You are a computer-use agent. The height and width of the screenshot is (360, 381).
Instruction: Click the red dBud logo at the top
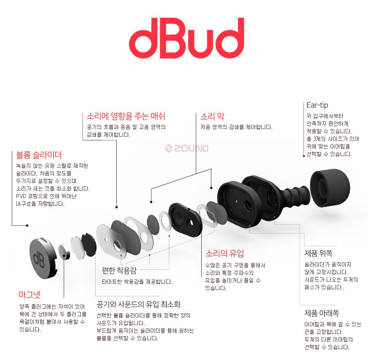pos(186,38)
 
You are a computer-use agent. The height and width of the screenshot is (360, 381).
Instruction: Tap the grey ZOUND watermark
pos(186,148)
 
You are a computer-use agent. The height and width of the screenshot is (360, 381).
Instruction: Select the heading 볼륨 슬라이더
pos(39,155)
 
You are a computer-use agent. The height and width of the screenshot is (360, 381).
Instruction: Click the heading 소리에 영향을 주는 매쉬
pos(126,116)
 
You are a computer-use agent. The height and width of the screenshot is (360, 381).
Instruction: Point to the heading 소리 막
pos(211,116)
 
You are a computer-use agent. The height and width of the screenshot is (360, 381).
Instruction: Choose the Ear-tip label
pos(317,105)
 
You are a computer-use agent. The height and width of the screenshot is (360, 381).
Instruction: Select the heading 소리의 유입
pos(224,254)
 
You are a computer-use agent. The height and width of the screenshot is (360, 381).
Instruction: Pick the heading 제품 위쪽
pos(318,253)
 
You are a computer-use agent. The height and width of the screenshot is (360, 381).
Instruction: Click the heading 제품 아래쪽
pos(322,314)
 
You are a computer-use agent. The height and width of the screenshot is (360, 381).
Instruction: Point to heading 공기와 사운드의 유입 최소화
pos(138,304)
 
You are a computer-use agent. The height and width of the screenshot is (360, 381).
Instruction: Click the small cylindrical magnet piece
pos(65,252)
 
